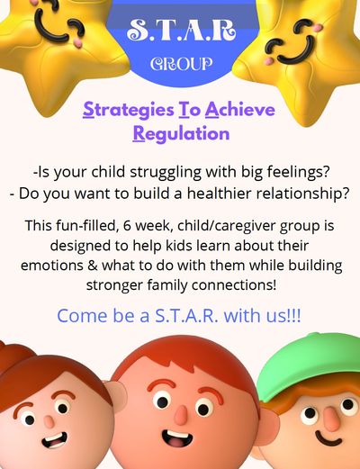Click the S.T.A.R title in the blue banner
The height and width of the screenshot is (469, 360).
coord(181,30)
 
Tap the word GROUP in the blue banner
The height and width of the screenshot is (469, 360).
coord(181,64)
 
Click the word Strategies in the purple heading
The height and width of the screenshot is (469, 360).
coord(129,111)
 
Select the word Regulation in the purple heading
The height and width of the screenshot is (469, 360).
coord(181,133)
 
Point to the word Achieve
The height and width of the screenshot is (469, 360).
coord(240,110)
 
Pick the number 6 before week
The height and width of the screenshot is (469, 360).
coord(127,226)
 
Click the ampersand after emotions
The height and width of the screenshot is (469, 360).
coord(93,266)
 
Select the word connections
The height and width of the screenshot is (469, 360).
coord(234,285)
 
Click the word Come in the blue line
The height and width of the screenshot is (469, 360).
coord(82,316)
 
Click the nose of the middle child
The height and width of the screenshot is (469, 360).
coord(181,416)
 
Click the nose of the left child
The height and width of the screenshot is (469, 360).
coord(49,420)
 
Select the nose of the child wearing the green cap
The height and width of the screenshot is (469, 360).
coord(331,414)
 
